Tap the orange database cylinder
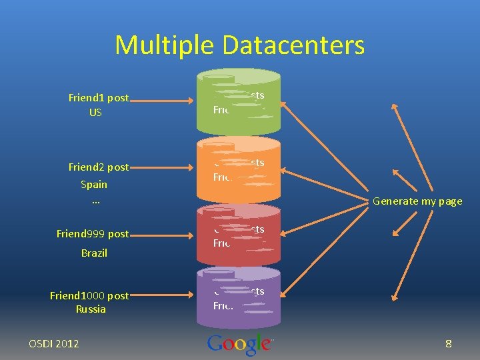point(239,170)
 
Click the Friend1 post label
point(99,98)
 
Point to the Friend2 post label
point(99,167)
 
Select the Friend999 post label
point(93,234)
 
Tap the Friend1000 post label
point(89,295)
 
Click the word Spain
point(94,184)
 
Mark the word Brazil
point(94,253)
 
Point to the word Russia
point(91,309)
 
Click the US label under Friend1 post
point(95,113)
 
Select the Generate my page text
point(417,201)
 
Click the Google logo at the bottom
point(239,344)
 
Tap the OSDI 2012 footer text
point(54,344)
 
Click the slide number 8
point(449,344)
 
